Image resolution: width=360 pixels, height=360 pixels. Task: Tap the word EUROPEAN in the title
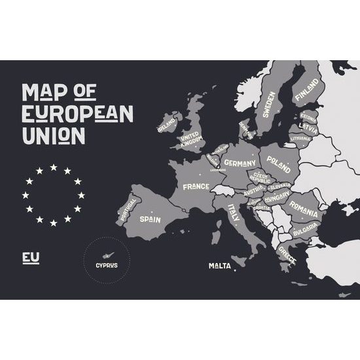(77, 114)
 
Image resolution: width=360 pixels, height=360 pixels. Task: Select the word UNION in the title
(53, 135)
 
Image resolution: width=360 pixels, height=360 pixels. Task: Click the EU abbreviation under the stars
(31, 258)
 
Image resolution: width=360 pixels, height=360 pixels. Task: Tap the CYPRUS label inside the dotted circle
(107, 265)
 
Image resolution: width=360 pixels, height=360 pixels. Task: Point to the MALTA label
(219, 266)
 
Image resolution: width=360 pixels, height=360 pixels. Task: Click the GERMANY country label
(239, 162)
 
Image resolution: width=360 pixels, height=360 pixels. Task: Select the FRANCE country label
(196, 187)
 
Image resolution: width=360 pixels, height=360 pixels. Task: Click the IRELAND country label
(166, 122)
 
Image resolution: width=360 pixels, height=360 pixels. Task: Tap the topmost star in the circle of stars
(54, 167)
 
